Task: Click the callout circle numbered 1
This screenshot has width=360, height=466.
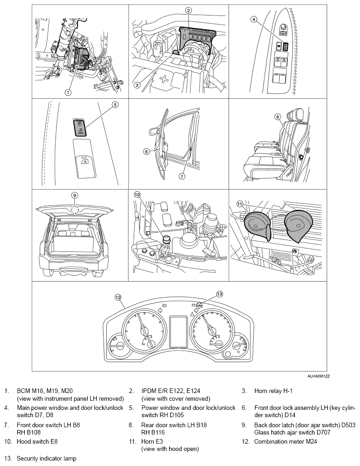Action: point(68,92)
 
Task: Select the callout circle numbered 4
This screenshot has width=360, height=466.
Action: point(254,19)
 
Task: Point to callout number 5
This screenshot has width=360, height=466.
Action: point(115,105)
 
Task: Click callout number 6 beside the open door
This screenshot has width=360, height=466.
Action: point(146,152)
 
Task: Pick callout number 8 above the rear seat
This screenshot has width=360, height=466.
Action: point(277,117)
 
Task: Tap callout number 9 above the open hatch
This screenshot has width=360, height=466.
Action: point(74,195)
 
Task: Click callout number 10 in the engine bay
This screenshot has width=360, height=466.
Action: point(137,194)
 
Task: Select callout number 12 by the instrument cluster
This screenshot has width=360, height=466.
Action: point(118,297)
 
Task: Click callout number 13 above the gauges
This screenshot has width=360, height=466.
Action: point(219,294)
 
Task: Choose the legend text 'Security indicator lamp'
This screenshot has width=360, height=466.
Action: point(47,458)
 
